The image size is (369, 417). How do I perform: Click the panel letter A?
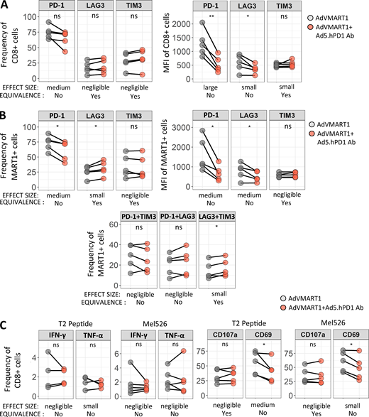[6, 6]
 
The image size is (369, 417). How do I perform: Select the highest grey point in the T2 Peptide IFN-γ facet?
[48, 352]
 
